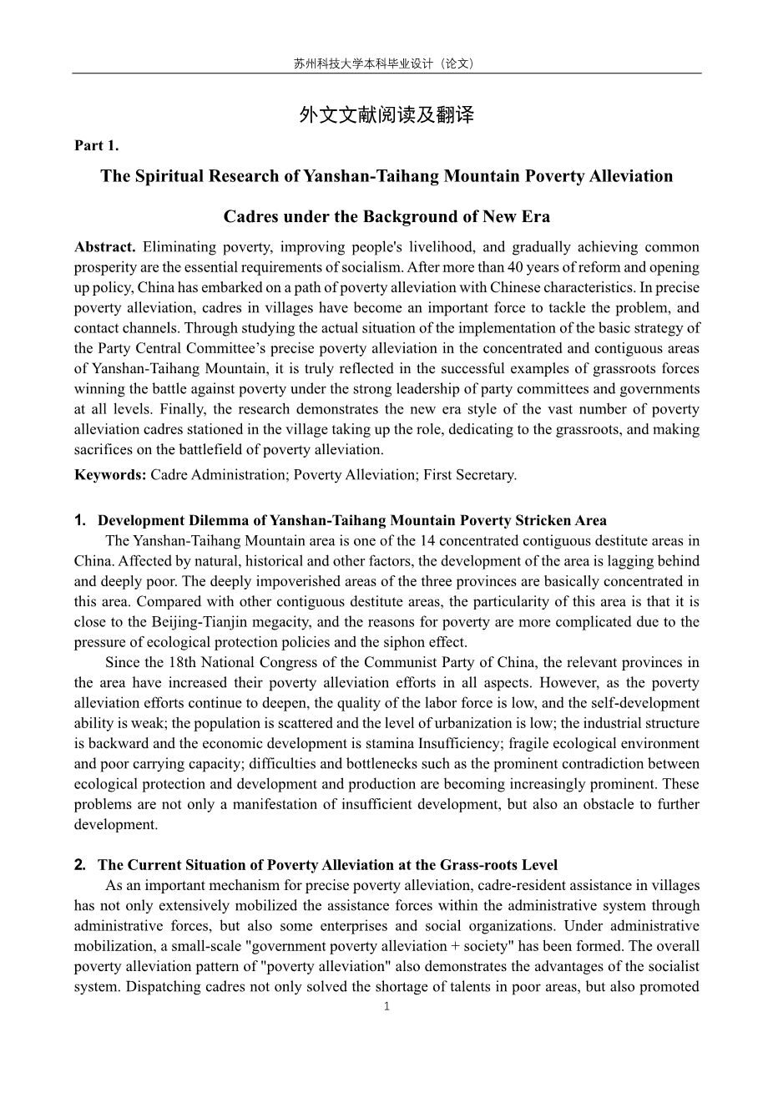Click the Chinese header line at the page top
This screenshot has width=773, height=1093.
click(386, 63)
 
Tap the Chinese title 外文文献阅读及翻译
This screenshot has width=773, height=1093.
click(386, 115)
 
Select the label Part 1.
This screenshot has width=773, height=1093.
click(97, 146)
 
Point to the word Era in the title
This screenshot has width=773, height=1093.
click(534, 217)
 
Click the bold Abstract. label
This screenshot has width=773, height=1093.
click(105, 247)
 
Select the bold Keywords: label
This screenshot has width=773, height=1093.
click(110, 475)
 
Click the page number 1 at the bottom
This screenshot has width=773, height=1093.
click(386, 1006)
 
